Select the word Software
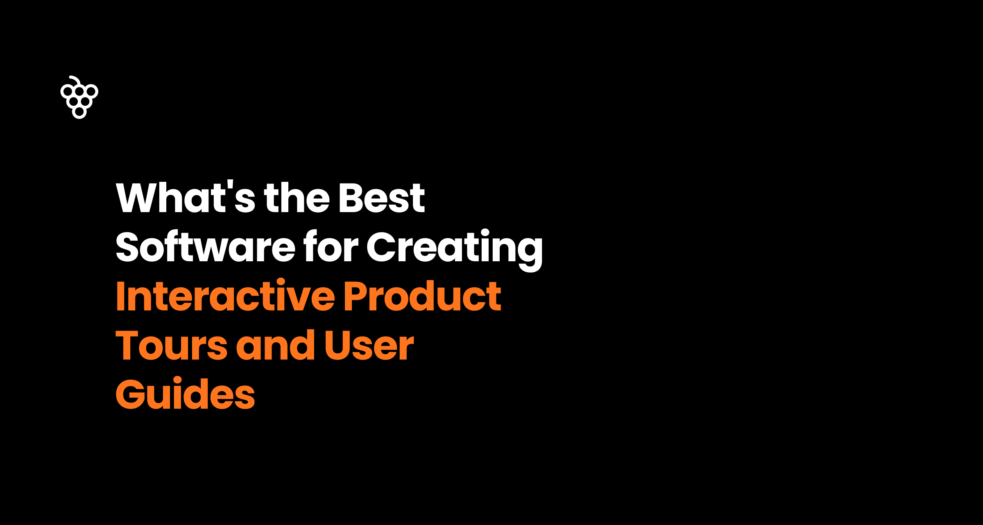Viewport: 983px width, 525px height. coord(205,247)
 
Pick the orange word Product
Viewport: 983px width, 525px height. coord(422,296)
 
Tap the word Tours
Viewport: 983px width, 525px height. coord(171,346)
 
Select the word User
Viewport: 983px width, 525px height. coord(369,346)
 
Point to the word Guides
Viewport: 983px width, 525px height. coord(185,394)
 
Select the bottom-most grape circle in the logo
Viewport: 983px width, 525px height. coord(79,112)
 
